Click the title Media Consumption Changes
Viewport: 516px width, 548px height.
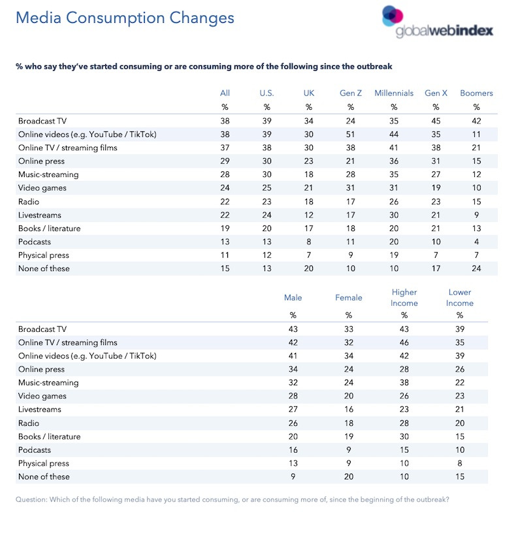(x=125, y=18)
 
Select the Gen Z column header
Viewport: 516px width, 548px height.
(x=351, y=93)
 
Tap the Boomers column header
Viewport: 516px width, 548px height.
(x=476, y=93)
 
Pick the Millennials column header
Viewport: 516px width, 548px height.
(x=394, y=93)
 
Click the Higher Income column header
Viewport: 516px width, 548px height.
(x=404, y=298)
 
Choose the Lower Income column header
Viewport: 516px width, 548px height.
(x=460, y=298)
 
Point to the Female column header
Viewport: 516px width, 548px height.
(x=349, y=298)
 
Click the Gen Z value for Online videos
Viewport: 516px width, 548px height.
(x=351, y=135)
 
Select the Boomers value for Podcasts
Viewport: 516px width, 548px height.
(x=476, y=242)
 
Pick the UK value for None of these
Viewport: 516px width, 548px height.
(x=310, y=268)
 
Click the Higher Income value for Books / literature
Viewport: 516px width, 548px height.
(x=404, y=436)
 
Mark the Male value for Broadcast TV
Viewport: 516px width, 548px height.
(x=293, y=329)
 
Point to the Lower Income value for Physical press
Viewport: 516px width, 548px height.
(x=460, y=463)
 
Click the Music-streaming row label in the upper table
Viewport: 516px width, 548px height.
(x=48, y=174)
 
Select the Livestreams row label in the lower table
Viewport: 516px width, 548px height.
(x=40, y=410)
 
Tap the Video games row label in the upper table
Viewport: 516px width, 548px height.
(x=42, y=188)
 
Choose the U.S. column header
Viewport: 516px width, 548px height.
(x=266, y=93)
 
